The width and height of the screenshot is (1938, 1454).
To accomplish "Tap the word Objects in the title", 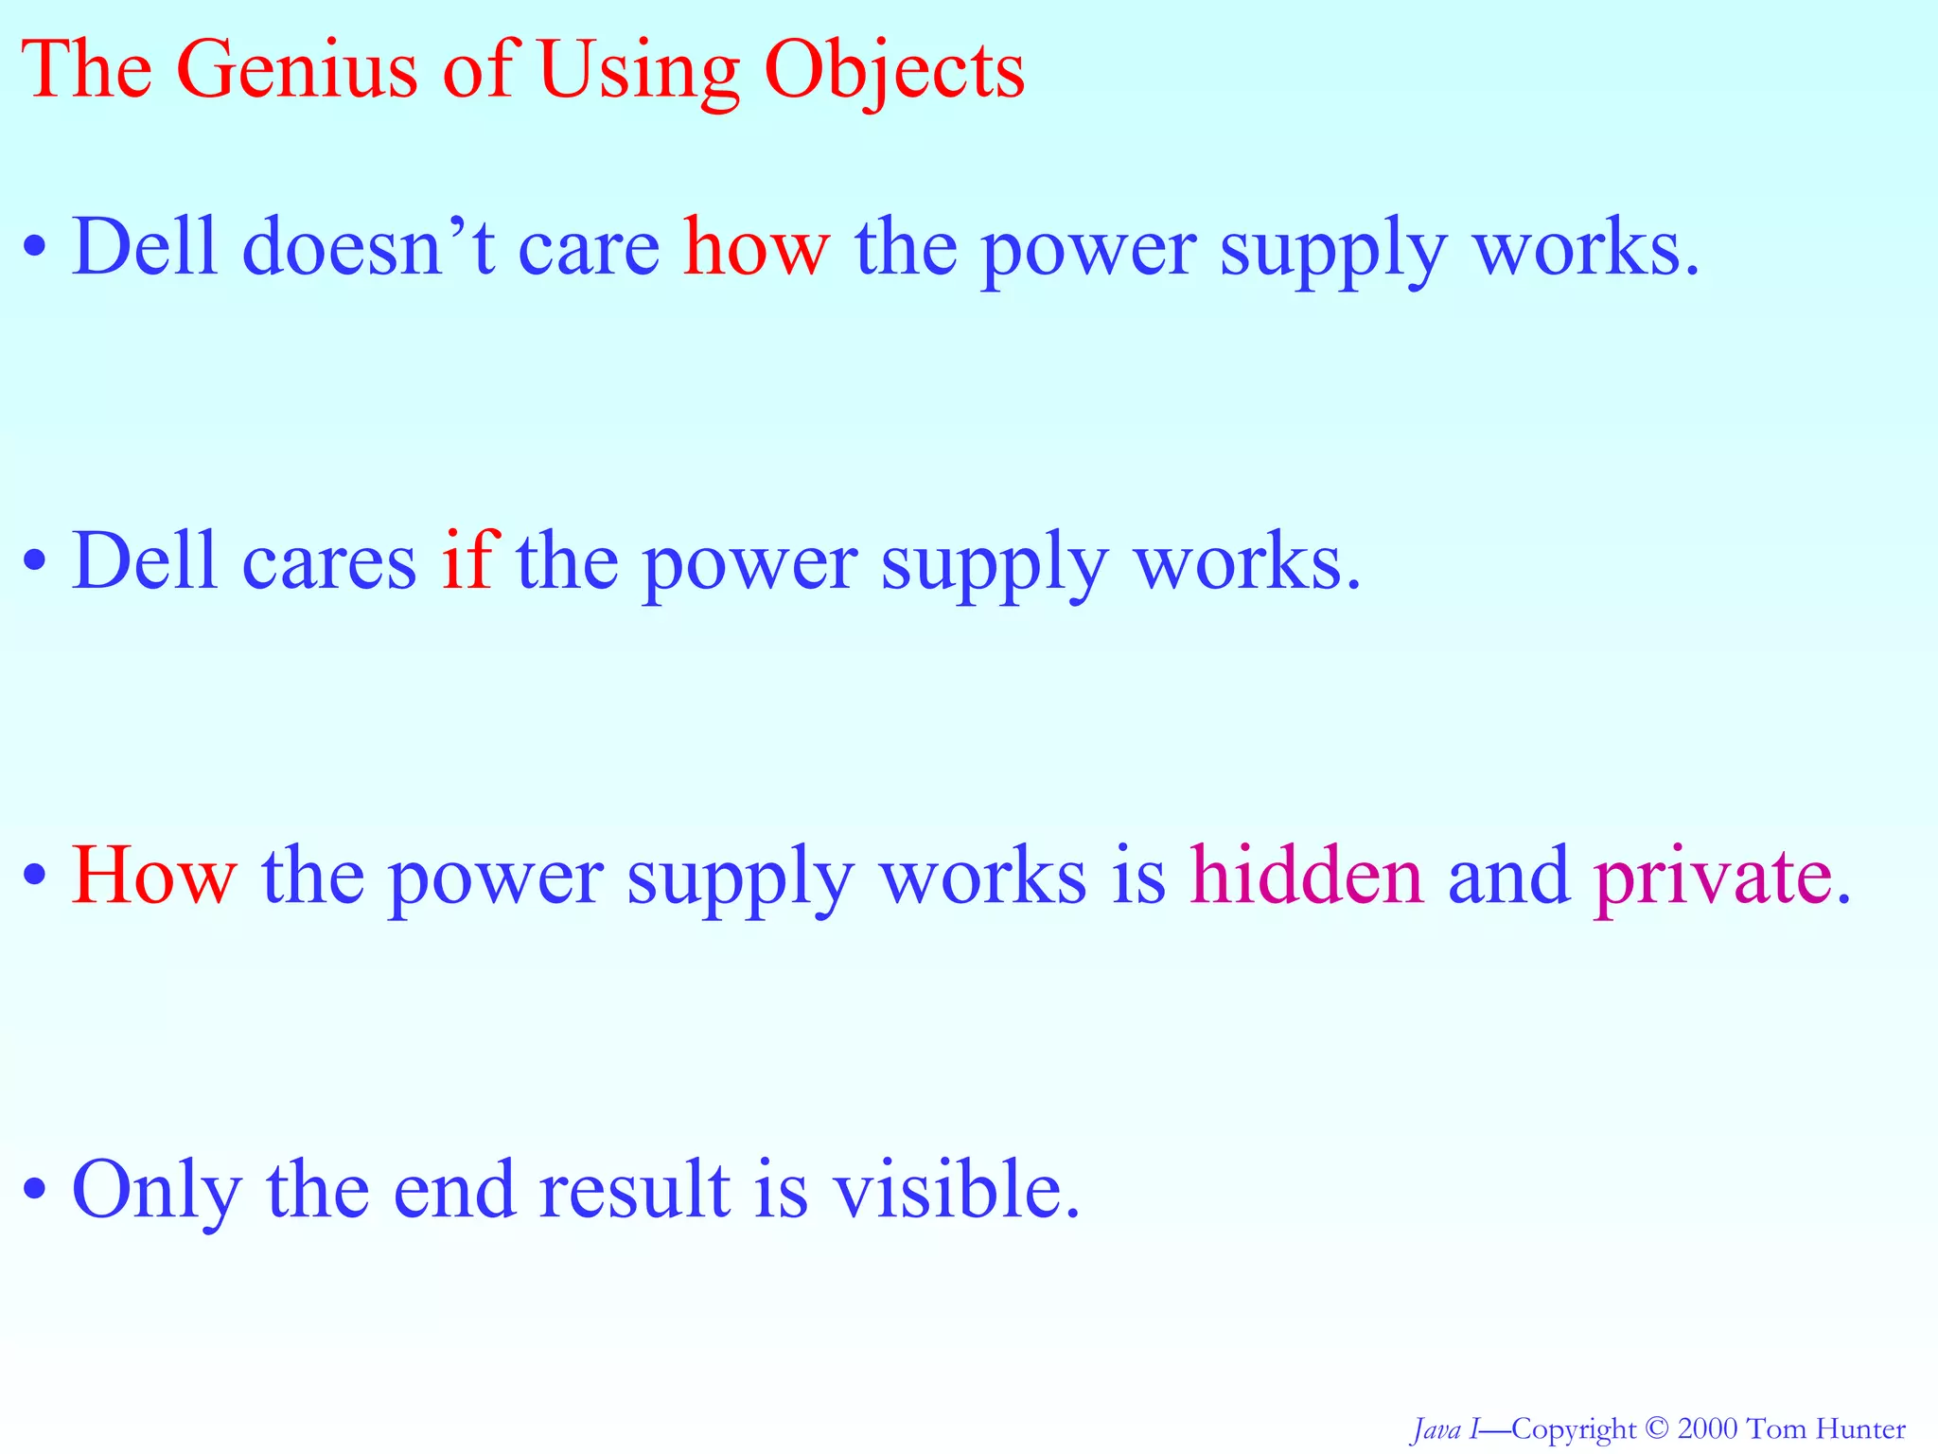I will [894, 72].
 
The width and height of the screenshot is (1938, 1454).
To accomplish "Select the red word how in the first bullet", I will [756, 248].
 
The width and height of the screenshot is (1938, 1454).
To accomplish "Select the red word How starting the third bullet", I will [154, 876].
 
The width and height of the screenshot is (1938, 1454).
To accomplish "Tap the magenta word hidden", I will [1306, 876].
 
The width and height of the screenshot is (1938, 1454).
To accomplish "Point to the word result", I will [634, 1189].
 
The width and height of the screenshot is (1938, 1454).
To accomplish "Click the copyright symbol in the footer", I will [1655, 1428].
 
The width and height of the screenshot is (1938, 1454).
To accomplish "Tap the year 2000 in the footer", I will [1707, 1428].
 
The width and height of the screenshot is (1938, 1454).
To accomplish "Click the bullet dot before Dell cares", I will [35, 560].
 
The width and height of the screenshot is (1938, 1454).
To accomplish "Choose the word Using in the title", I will [640, 72].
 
